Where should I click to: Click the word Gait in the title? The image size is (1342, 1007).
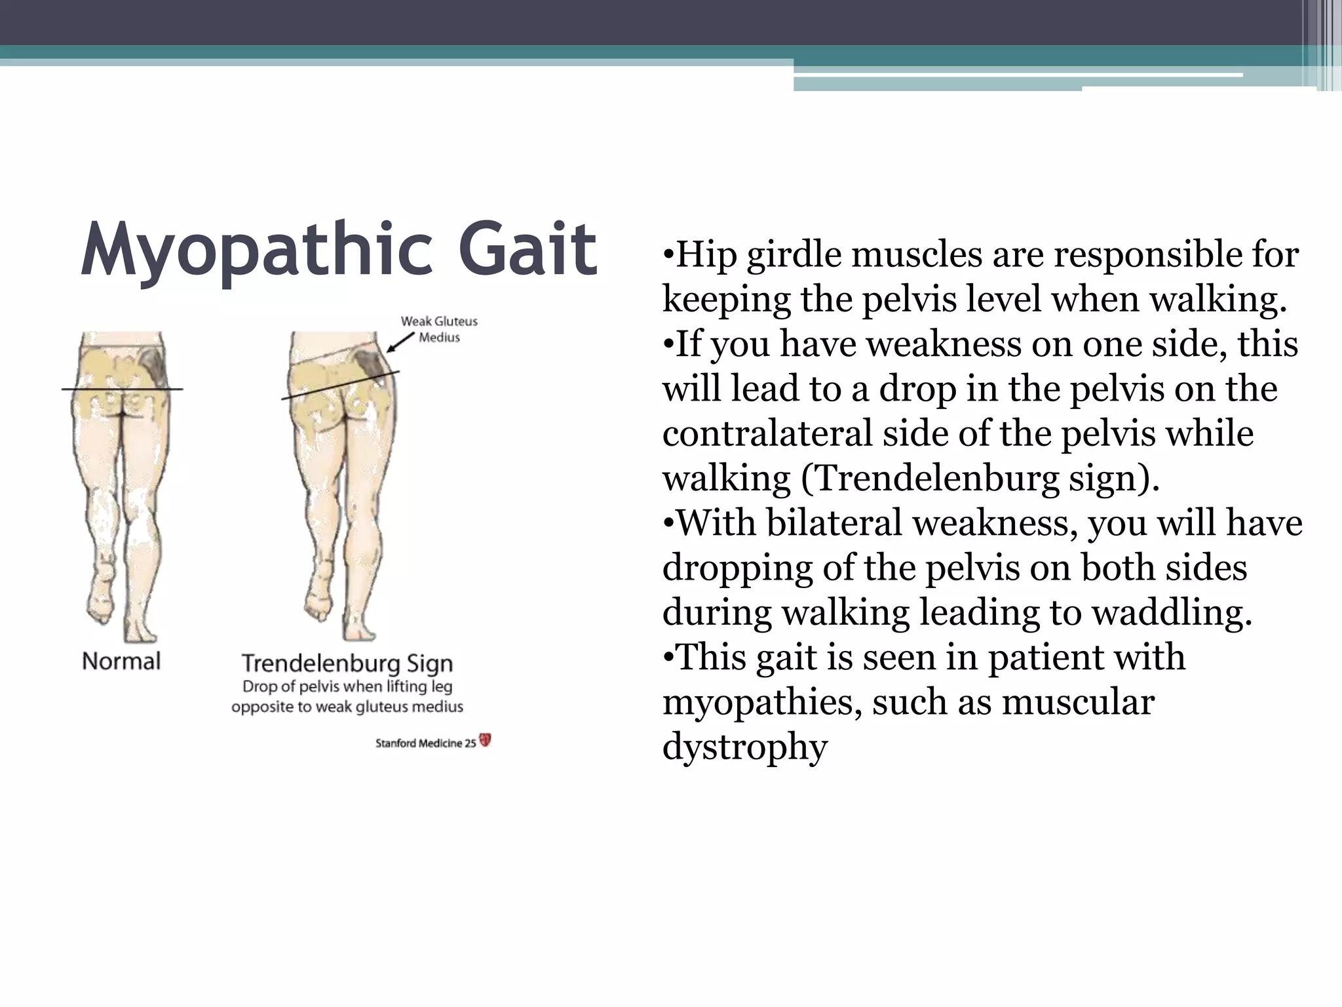pyautogui.click(x=527, y=250)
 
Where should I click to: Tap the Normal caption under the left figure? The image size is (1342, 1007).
pyautogui.click(x=121, y=661)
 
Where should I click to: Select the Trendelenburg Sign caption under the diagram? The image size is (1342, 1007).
pyautogui.click(x=347, y=663)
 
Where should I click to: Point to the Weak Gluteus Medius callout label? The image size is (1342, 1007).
pyautogui.click(x=439, y=329)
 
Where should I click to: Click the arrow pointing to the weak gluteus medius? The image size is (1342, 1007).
pyautogui.click(x=400, y=342)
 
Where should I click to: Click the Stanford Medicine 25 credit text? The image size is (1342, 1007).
pyautogui.click(x=425, y=743)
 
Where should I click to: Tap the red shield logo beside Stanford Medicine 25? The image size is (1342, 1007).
pyautogui.click(x=486, y=741)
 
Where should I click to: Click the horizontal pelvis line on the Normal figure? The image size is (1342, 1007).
pyautogui.click(x=122, y=389)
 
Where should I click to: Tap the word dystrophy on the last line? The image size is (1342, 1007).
pyautogui.click(x=745, y=747)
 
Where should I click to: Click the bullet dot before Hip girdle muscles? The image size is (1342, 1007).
pyautogui.click(x=668, y=254)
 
